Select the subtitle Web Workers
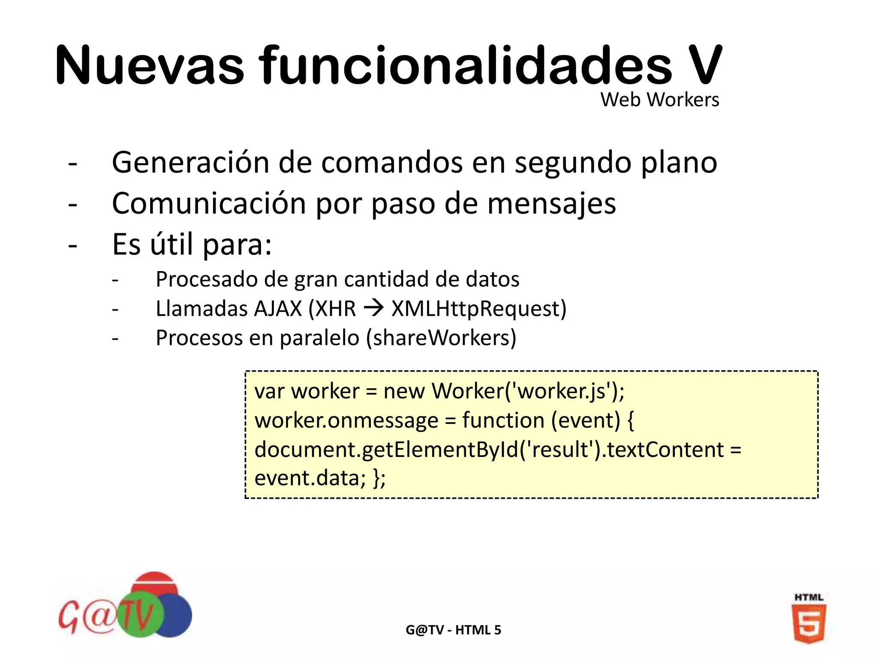pos(659,100)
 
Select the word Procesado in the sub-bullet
pos(206,279)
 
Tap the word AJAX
pos(278,308)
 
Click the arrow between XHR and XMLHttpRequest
pos(373,308)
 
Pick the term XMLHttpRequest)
pos(479,308)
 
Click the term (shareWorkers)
pos(441,338)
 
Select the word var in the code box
pos(269,391)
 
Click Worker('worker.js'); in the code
pos(528,391)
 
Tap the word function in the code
pos(503,420)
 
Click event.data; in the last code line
pos(310,478)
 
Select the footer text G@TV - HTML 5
pos(453,630)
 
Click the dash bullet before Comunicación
pos(73,204)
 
